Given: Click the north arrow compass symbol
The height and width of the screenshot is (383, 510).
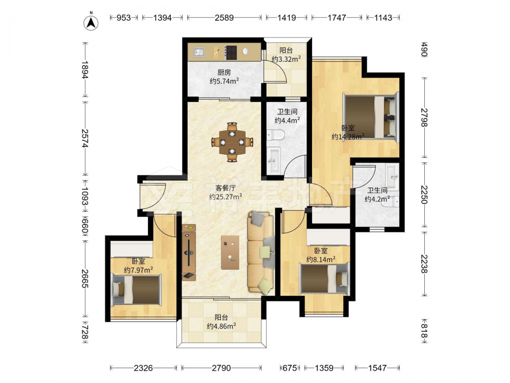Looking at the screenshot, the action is pos(91,22).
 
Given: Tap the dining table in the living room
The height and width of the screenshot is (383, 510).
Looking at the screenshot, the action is pos(232,142).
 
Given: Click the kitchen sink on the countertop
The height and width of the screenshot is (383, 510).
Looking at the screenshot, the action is pos(199,52).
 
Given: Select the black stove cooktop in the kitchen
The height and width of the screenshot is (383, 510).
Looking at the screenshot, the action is pos(231,52).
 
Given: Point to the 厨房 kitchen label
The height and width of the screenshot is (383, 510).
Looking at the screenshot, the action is pos(224,73).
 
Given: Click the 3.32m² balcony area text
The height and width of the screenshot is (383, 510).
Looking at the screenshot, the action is pos(286,59).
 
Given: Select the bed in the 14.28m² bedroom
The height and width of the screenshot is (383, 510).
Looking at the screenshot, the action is pos(371,117).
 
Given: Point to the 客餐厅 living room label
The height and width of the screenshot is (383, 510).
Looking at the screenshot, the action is pos(225,188).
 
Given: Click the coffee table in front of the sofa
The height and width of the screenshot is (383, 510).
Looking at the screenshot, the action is pos(230,252).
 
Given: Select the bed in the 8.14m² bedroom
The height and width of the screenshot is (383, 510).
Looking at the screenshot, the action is pos(325,279).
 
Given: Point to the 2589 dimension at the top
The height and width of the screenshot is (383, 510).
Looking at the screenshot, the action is pos(224,17).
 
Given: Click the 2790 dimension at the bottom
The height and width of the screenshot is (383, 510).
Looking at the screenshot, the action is pos(221,368).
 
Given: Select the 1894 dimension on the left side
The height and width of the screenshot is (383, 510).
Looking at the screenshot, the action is pos(85,69).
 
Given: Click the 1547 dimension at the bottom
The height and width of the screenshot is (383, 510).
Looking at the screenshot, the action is pos(377,368).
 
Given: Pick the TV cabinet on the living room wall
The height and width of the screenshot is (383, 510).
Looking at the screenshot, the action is pos(189,252).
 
